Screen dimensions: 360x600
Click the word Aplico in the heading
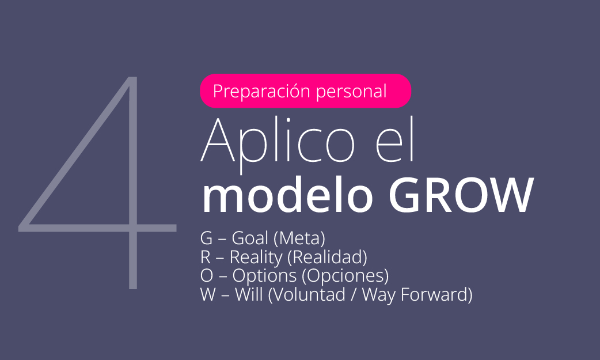click(x=269, y=141)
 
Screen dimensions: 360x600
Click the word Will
click(x=249, y=294)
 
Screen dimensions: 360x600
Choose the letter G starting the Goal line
click(x=206, y=238)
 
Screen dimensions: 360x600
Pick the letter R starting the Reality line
click(x=206, y=257)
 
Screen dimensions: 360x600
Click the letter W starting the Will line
click(x=208, y=294)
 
